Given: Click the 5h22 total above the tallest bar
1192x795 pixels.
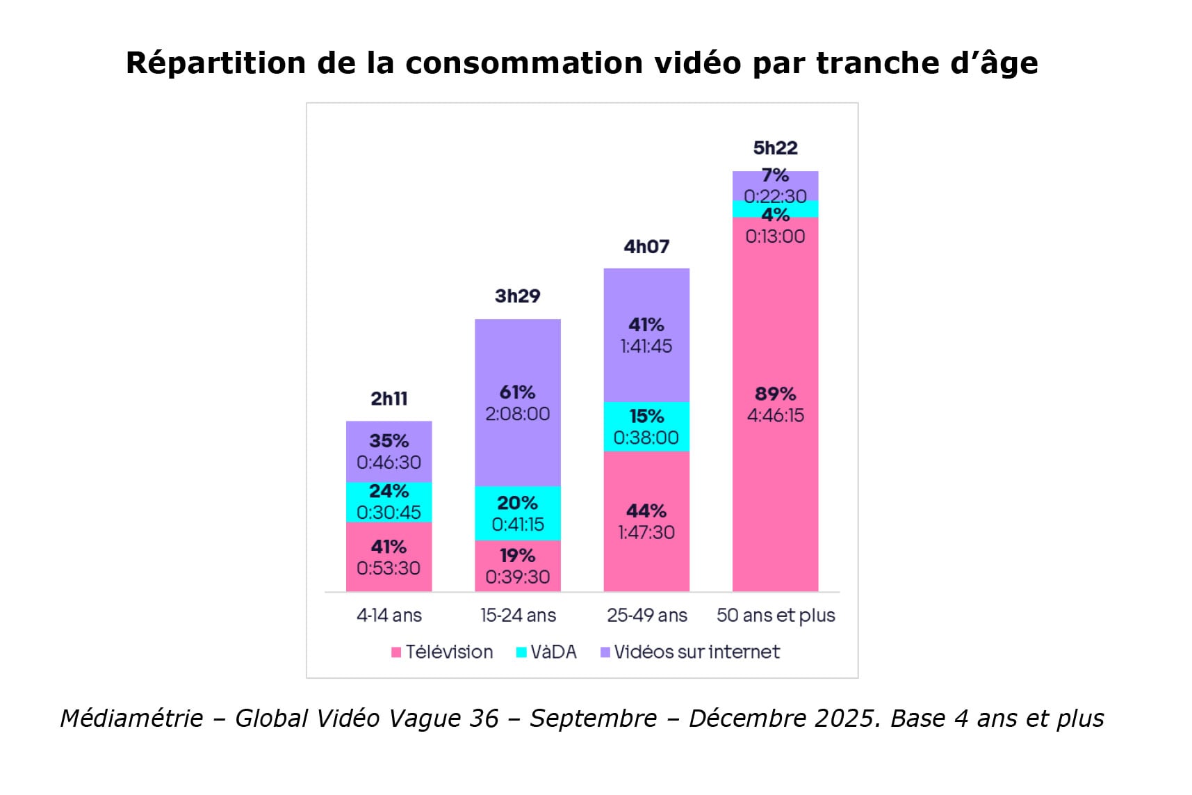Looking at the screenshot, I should [775, 148].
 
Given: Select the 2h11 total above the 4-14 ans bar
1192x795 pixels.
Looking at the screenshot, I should [389, 399].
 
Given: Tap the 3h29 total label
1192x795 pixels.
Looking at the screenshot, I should [517, 296].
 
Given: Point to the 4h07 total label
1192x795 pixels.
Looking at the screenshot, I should [646, 247].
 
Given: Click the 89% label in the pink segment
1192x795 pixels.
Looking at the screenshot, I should [775, 394].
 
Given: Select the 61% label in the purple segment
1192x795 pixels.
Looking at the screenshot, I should [517, 392].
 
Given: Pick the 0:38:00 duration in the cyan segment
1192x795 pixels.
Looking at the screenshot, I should [646, 437].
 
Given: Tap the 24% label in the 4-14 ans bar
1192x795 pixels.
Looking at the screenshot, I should [389, 491].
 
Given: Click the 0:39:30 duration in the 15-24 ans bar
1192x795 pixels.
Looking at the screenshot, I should [517, 577].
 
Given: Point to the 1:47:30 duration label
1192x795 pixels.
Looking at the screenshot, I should [646, 532].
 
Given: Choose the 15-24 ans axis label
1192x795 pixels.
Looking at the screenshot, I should [518, 616].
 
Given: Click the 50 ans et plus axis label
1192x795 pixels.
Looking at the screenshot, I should [776, 616].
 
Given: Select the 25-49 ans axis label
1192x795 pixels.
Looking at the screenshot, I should [646, 616].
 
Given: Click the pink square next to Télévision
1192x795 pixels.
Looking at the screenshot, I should [396, 652].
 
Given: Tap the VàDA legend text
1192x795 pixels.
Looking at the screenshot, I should [553, 652].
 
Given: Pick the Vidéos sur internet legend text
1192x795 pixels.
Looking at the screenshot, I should [696, 652].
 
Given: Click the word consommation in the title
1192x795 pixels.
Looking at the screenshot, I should [524, 63].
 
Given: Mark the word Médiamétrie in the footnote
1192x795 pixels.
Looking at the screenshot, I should [131, 718].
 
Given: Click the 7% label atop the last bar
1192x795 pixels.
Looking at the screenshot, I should [775, 175].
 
